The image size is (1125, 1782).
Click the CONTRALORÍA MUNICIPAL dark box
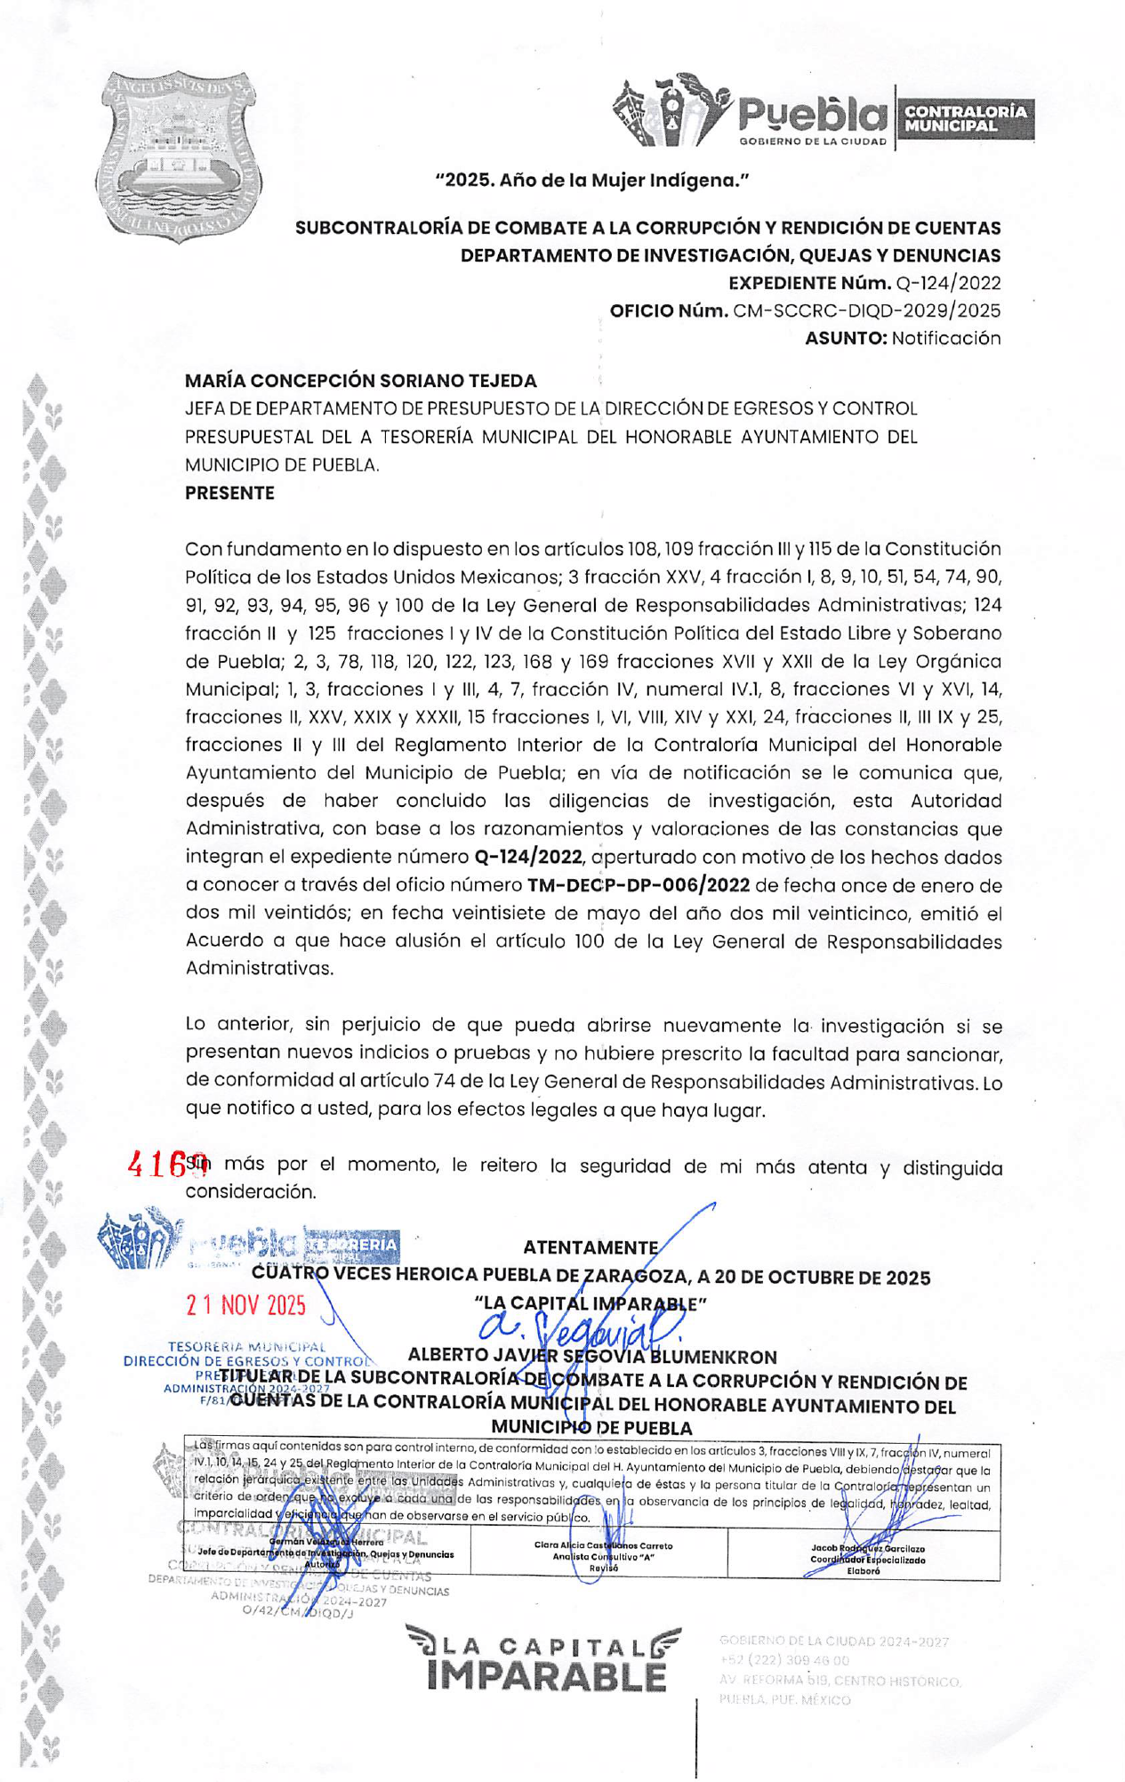pyautogui.click(x=965, y=118)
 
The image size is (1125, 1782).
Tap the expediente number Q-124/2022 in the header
pyautogui.click(x=948, y=283)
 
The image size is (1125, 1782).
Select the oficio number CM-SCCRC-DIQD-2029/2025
pyautogui.click(x=866, y=310)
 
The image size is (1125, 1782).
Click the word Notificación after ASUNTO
pyautogui.click(x=946, y=338)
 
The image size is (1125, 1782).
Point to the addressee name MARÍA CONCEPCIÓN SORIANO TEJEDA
pyautogui.click(x=360, y=381)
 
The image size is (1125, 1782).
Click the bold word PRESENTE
pyautogui.click(x=229, y=493)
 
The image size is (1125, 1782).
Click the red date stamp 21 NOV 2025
pyautogui.click(x=245, y=1305)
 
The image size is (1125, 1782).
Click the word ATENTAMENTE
pyautogui.click(x=591, y=1247)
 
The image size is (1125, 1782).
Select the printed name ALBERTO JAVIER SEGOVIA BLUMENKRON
pyautogui.click(x=591, y=1356)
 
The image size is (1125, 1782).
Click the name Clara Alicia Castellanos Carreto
pyautogui.click(x=603, y=1545)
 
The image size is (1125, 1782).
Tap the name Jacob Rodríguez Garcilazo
pyautogui.click(x=866, y=1549)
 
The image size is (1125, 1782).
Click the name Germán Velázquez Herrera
pyautogui.click(x=325, y=1542)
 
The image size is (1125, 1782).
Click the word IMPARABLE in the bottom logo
pyautogui.click(x=546, y=1677)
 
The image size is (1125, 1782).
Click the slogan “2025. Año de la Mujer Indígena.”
pyautogui.click(x=591, y=181)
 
